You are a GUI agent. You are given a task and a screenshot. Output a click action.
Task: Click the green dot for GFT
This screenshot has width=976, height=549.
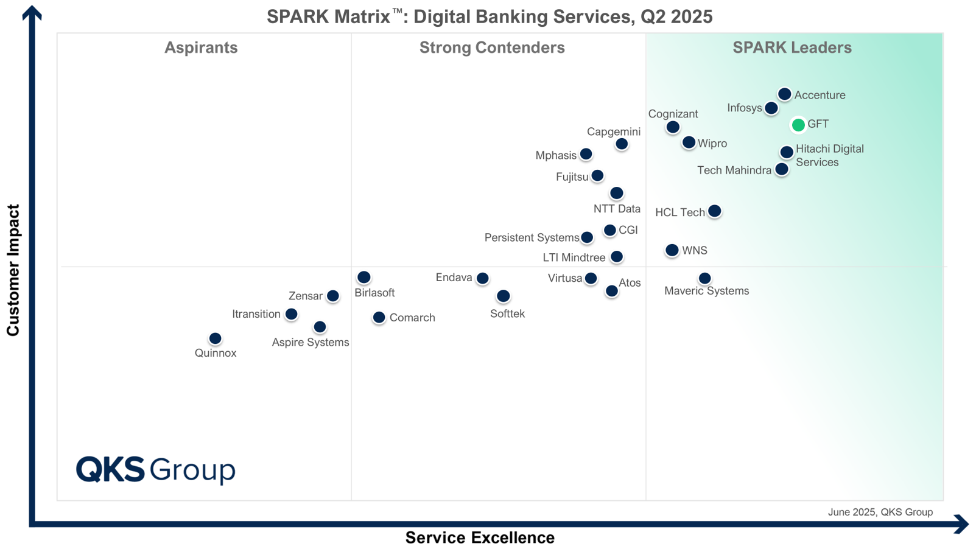798,125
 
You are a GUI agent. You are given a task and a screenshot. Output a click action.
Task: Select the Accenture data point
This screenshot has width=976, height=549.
784,94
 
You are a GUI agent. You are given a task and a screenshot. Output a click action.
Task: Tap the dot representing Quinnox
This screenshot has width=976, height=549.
215,338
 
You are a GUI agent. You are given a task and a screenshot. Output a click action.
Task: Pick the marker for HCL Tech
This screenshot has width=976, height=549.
714,211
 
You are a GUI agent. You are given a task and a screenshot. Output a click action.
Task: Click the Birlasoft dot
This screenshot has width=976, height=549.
363,278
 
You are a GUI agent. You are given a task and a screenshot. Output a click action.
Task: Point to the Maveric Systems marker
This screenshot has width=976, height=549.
704,278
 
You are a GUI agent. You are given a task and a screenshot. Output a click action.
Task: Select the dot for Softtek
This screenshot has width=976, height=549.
503,296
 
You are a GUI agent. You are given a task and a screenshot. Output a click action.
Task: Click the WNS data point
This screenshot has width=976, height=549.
672,250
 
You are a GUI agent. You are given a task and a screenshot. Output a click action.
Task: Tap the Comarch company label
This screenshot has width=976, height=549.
412,318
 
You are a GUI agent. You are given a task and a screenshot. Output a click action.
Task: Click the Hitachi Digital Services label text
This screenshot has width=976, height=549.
829,155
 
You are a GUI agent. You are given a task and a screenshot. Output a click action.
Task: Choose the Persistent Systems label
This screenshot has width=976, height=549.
531,238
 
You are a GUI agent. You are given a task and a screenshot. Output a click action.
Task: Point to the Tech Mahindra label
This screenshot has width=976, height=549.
734,170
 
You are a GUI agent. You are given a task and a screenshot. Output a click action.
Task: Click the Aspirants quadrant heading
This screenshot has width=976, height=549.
201,47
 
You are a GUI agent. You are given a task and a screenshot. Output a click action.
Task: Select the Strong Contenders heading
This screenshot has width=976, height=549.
492,47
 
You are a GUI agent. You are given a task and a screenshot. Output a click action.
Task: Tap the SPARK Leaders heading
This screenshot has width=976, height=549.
792,47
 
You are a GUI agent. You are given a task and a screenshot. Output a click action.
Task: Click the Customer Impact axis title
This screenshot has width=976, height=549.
13,270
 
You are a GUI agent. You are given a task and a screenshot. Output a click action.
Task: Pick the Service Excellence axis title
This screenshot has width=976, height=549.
480,537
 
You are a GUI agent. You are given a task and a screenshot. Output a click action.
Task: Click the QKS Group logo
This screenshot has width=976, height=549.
156,469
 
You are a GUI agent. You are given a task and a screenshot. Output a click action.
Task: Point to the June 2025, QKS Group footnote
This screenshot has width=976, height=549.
880,512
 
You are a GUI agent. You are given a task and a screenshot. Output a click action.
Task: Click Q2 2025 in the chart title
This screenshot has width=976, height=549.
676,16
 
